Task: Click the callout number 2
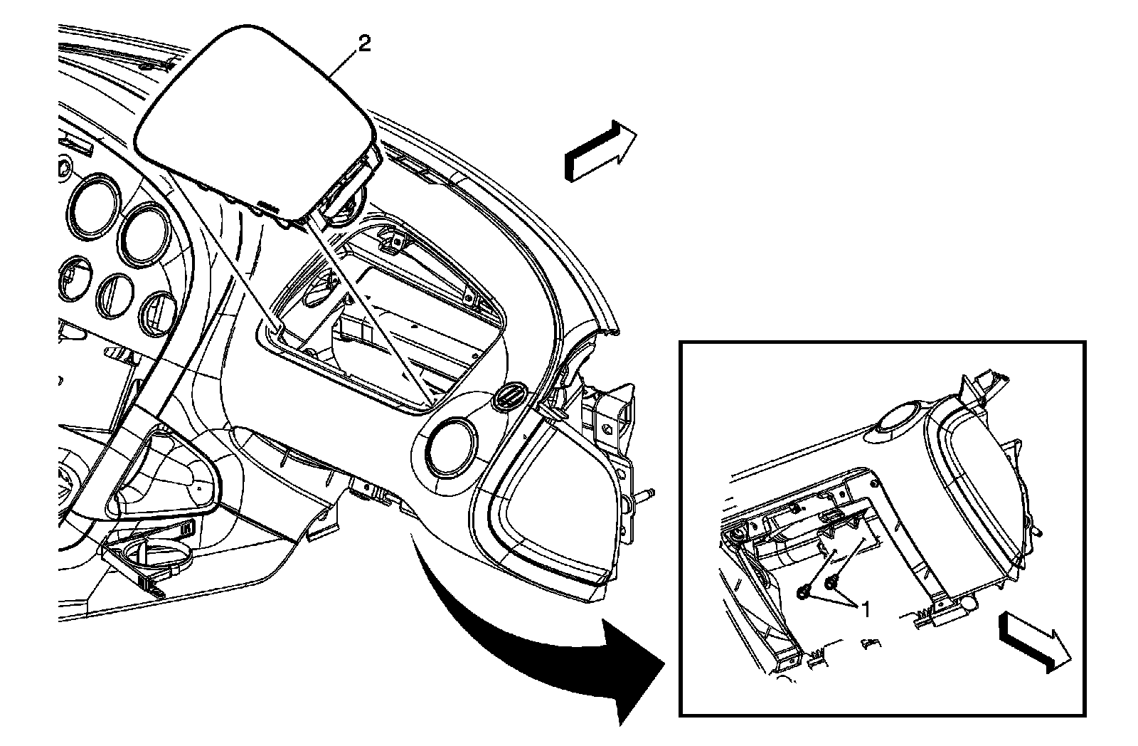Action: [364, 45]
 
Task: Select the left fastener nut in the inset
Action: [804, 591]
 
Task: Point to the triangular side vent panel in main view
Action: [548, 498]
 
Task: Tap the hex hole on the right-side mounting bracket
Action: [608, 429]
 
